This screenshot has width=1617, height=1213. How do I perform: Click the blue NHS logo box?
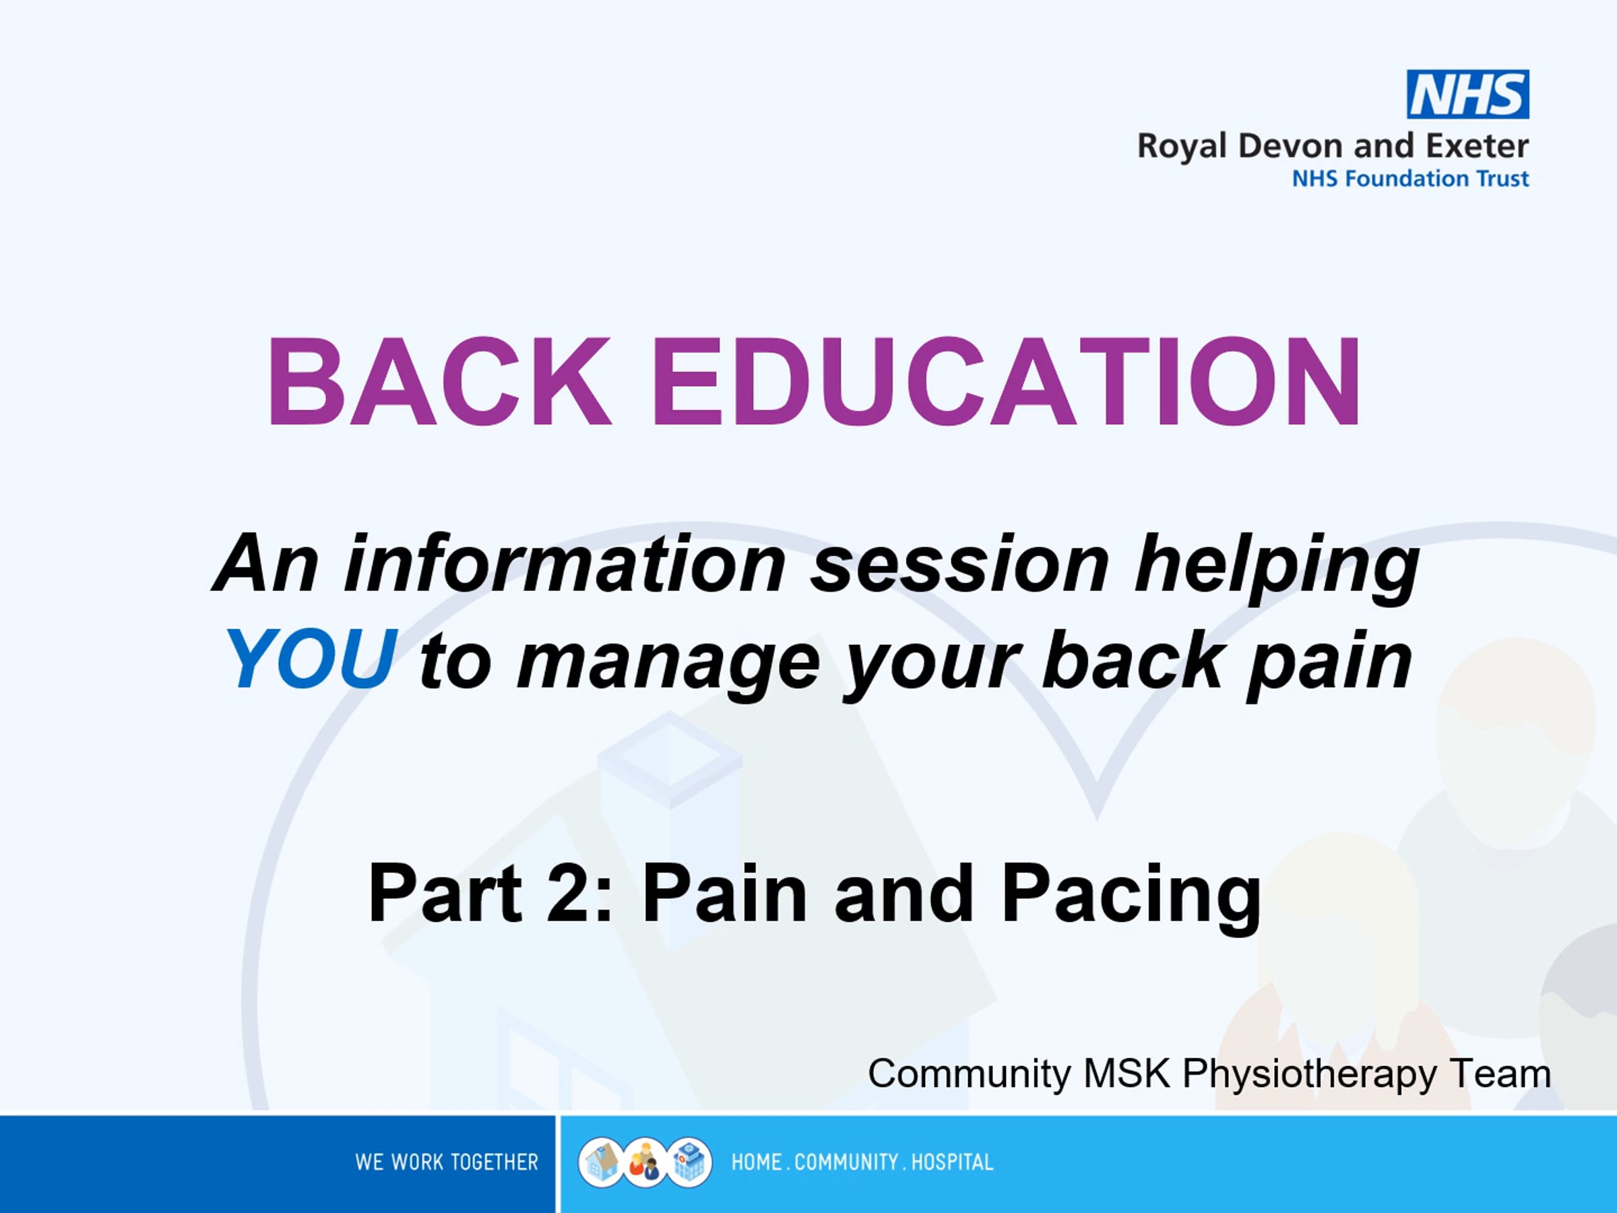point(1467,94)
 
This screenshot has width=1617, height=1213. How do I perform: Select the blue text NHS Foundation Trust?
point(1410,179)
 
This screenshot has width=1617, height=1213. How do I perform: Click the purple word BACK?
point(439,381)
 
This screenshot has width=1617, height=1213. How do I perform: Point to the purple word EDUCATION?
point(1006,381)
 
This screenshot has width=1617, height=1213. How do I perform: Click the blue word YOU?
point(312,660)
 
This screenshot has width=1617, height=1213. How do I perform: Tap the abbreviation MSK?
point(1127,1074)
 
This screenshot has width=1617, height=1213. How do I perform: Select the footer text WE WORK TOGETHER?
point(446,1162)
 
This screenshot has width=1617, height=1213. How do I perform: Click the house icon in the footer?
point(601,1162)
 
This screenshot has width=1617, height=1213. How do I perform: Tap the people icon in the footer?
point(645,1162)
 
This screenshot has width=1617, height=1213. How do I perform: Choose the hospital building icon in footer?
point(689,1162)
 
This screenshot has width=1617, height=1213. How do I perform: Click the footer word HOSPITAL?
point(952,1162)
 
